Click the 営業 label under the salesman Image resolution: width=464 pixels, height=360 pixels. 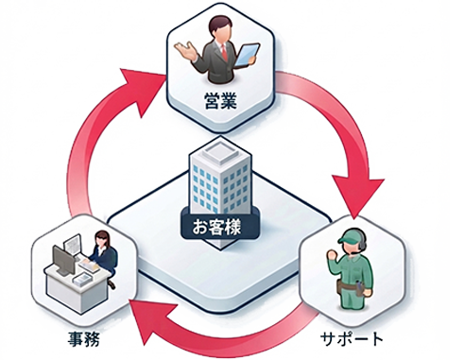coord(220,101)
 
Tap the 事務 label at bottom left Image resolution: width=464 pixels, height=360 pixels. coord(84,339)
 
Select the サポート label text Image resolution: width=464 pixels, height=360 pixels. coord(352,339)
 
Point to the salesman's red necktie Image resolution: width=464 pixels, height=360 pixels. coord(224,52)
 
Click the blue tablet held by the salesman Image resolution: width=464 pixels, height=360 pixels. coord(247,55)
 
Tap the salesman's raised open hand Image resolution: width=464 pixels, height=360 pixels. coord(185,51)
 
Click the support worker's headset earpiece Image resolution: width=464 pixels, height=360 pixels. coord(363,242)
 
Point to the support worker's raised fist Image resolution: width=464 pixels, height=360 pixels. coord(331,254)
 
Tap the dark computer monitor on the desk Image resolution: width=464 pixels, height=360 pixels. coord(63,261)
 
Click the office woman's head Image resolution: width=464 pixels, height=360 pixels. coord(102,238)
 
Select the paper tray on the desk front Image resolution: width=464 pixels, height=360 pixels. coord(82,279)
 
